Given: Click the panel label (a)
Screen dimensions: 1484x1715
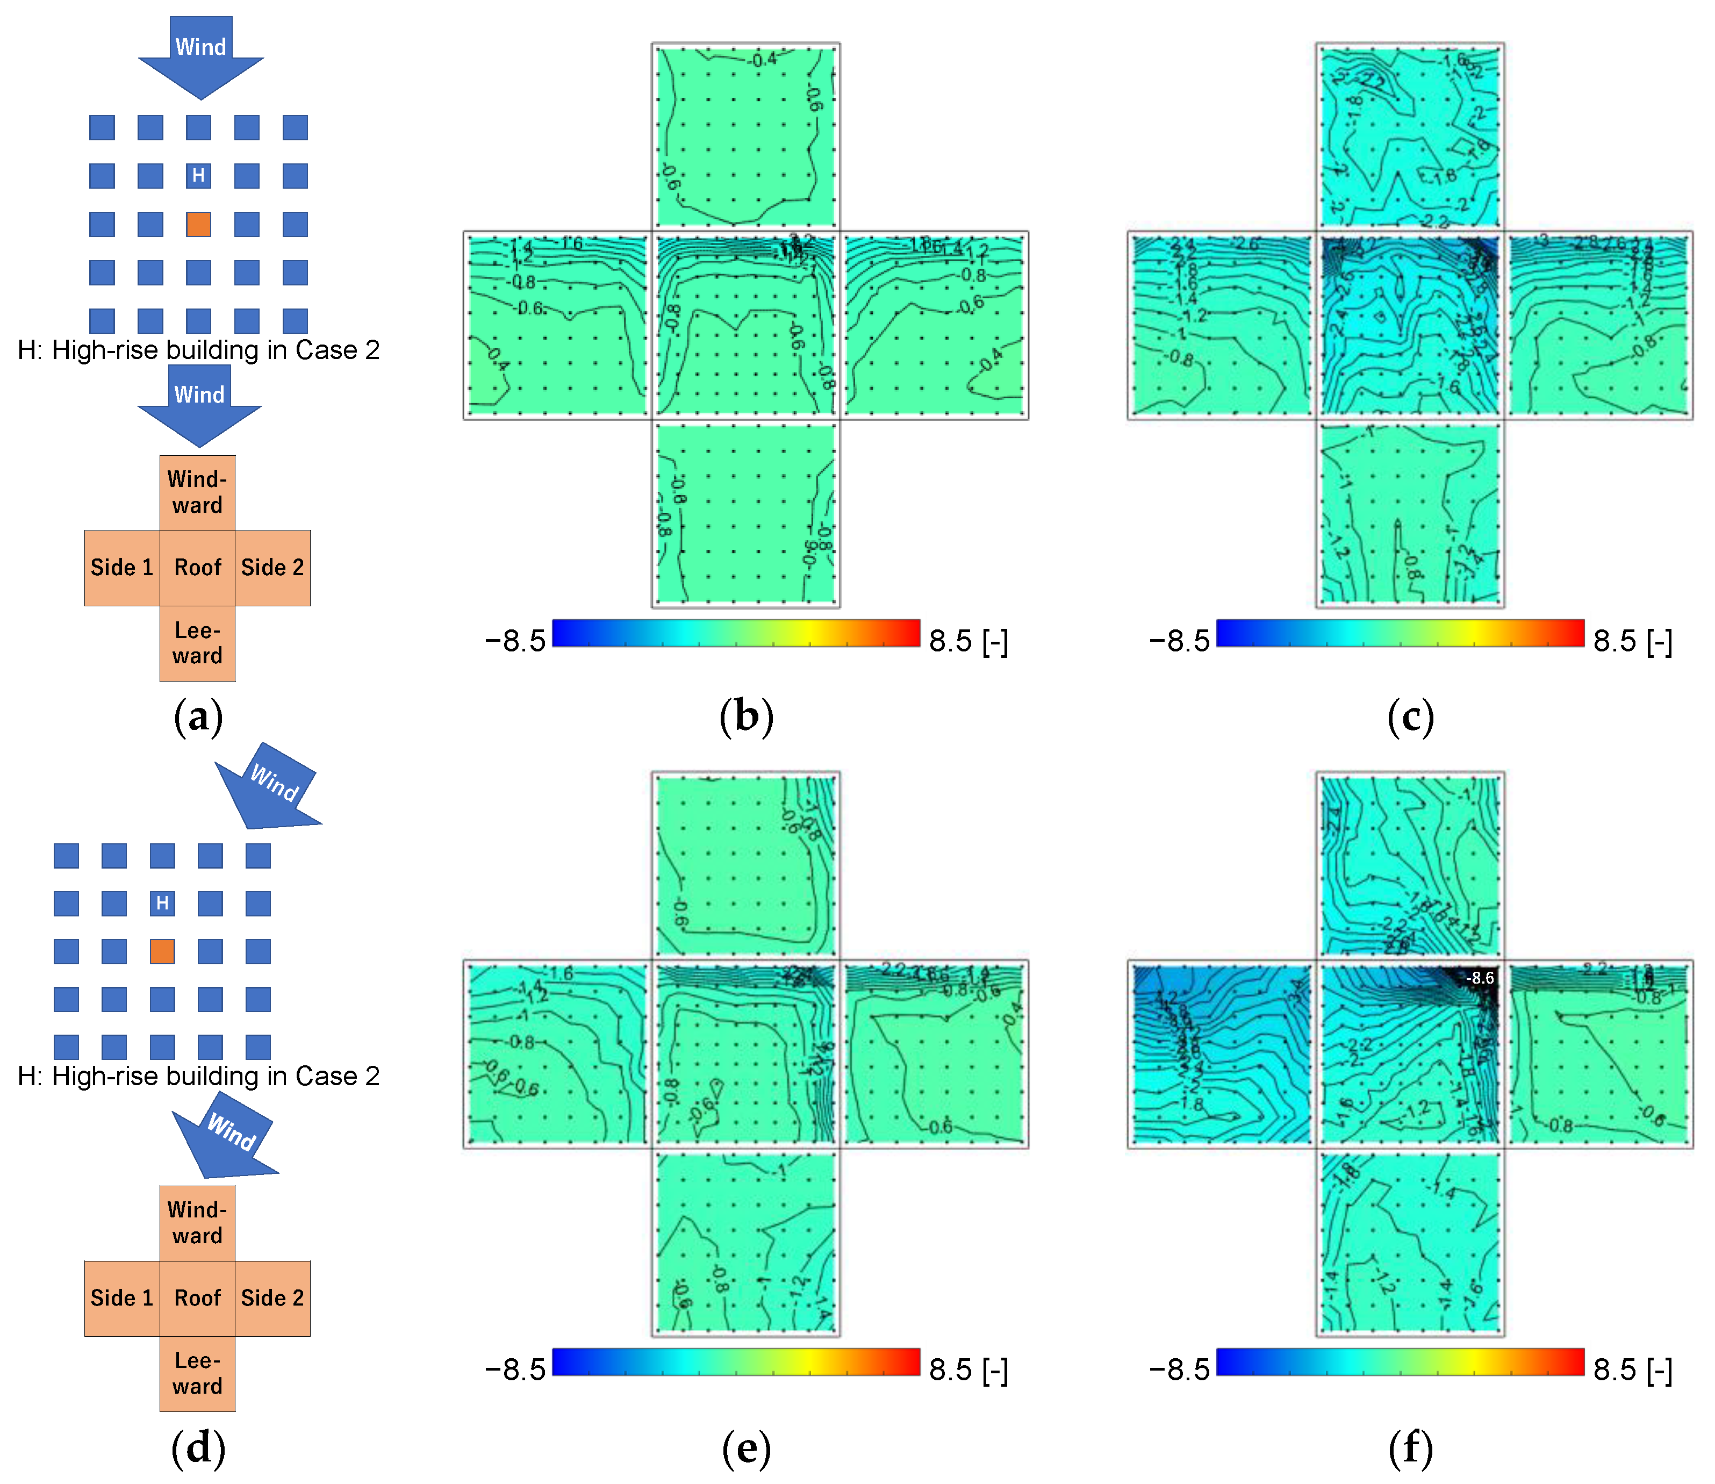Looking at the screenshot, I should [198, 716].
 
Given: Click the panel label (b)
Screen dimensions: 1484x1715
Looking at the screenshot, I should [746, 716].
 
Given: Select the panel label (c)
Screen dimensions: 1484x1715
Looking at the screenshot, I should [1410, 716].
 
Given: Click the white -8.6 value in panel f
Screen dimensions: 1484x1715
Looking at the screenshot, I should [1480, 978].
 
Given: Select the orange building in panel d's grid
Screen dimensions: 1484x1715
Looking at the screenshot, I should [162, 951].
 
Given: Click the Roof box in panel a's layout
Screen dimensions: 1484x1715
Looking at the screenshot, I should [198, 568].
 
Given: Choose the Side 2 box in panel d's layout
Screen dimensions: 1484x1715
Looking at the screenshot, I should [272, 1299].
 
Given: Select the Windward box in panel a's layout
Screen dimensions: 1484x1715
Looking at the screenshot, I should [198, 493].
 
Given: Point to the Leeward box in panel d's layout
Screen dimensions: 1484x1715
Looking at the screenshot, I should [198, 1373].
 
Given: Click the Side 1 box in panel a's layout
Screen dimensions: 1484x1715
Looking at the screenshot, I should [121, 568].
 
